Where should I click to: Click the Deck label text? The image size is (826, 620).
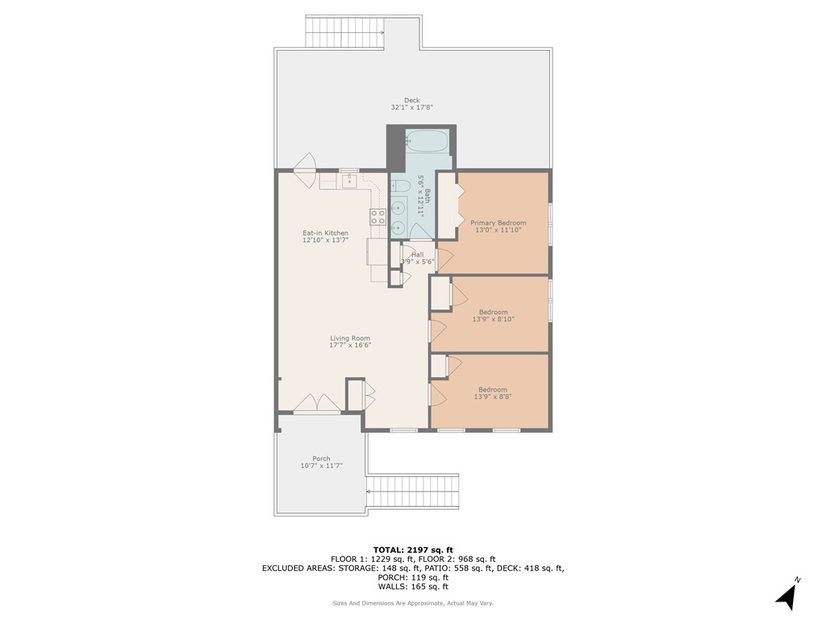pyautogui.click(x=411, y=100)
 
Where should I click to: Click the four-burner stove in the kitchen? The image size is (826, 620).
pyautogui.click(x=378, y=216)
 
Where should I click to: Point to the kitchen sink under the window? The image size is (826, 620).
pyautogui.click(x=348, y=181)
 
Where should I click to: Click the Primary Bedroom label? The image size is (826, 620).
pyautogui.click(x=498, y=223)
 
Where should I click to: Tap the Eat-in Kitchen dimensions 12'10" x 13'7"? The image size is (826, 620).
pyautogui.click(x=325, y=241)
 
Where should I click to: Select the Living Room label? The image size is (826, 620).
pyautogui.click(x=349, y=338)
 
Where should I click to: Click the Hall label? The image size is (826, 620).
pyautogui.click(x=417, y=254)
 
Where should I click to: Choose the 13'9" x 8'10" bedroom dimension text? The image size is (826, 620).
pyautogui.click(x=493, y=320)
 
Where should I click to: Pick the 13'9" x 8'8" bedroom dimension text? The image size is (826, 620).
pyautogui.click(x=493, y=396)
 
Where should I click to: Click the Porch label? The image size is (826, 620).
pyautogui.click(x=321, y=459)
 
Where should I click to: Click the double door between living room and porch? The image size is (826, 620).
pyautogui.click(x=317, y=403)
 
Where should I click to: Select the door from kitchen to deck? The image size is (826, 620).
pyautogui.click(x=306, y=170)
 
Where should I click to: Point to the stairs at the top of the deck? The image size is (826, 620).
pyautogui.click(x=344, y=32)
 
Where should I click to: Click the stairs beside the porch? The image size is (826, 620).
pyautogui.click(x=412, y=491)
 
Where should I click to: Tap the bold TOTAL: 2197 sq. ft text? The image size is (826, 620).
pyautogui.click(x=412, y=549)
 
